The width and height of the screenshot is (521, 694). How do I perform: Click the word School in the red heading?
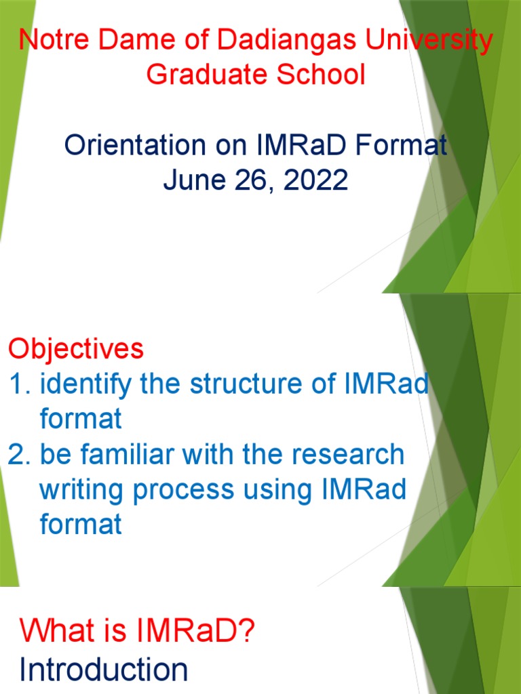pos(325,75)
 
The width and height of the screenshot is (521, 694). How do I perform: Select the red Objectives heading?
pos(76,350)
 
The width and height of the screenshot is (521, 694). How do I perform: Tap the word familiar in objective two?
pos(130,455)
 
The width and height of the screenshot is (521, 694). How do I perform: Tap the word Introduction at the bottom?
pos(104,670)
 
